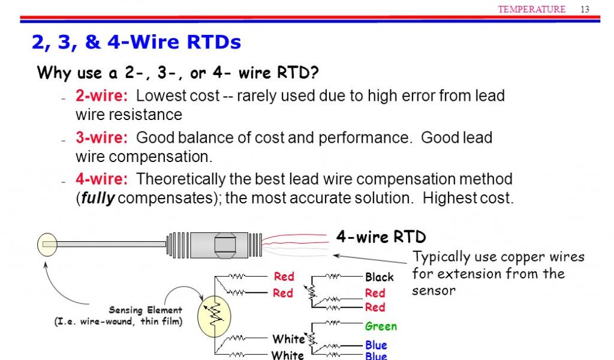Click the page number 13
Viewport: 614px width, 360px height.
[585, 9]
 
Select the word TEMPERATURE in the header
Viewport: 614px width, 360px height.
[532, 9]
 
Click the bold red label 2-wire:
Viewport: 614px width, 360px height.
[101, 96]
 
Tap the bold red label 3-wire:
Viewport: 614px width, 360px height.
[101, 138]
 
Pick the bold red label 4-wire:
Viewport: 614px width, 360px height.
[101, 179]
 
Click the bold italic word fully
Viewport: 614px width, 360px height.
[97, 199]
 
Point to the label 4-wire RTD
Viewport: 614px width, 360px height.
[381, 236]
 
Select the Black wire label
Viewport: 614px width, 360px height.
[380, 277]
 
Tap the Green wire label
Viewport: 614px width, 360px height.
[381, 326]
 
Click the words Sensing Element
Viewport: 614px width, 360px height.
[145, 310]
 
